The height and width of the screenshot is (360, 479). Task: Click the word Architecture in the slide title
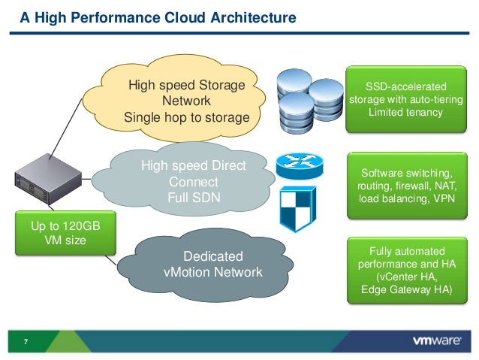click(253, 17)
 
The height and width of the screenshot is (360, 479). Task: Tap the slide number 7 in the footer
click(26, 342)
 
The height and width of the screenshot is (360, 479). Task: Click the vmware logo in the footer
click(437, 340)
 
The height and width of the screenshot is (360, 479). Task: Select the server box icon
click(48, 179)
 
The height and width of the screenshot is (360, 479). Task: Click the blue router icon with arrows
click(300, 166)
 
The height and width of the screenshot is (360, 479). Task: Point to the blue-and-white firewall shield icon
click(298, 209)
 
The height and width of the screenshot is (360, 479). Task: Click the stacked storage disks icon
click(309, 101)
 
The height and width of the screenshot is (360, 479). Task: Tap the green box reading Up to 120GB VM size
click(65, 233)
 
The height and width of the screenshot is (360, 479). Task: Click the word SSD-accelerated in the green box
click(406, 86)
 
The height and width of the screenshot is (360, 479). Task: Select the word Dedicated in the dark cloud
click(213, 256)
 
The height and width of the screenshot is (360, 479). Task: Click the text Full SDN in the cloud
click(194, 198)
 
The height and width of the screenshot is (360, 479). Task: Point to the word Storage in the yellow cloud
click(222, 85)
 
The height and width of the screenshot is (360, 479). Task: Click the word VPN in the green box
click(444, 199)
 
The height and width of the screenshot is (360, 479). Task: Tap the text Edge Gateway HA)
click(407, 289)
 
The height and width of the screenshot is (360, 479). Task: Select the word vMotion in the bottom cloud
click(187, 272)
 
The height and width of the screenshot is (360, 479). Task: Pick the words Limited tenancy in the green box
click(405, 112)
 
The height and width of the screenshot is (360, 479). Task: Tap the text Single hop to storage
click(187, 118)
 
